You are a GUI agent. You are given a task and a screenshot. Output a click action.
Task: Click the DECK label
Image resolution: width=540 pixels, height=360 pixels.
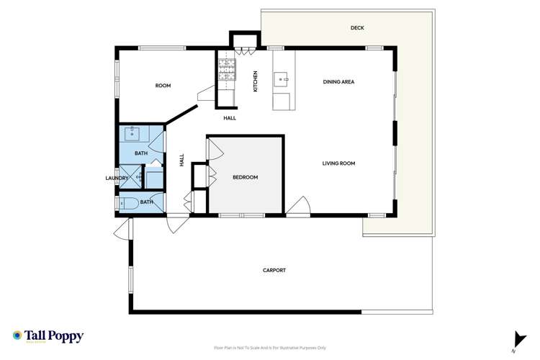point(357,29)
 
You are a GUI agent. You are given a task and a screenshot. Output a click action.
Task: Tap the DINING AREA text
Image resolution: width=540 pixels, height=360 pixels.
point(338,81)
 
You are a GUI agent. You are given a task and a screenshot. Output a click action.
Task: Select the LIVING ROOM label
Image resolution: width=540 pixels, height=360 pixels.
point(338,163)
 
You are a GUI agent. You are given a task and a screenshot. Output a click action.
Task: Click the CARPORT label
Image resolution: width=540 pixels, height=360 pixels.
point(274,270)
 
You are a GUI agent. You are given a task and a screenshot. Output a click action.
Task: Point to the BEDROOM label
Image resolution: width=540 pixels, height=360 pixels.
point(245,177)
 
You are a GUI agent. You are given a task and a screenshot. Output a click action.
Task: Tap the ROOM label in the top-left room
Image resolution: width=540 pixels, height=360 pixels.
point(163,86)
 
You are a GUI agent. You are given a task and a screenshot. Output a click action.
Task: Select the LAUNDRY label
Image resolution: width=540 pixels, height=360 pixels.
point(116,178)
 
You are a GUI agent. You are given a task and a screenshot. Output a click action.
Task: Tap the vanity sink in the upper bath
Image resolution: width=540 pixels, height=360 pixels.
point(132,133)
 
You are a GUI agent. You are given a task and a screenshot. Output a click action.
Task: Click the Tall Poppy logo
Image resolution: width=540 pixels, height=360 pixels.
point(48,336)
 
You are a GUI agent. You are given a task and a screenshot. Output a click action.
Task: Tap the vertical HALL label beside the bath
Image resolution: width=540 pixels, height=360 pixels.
point(182,161)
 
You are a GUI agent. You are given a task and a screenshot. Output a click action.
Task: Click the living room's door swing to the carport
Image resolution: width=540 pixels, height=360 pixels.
point(299,207)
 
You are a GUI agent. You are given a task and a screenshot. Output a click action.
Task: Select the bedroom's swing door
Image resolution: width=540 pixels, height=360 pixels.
point(214,150)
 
